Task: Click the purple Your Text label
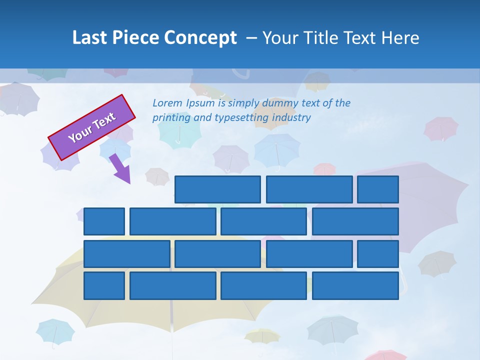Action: point(92,127)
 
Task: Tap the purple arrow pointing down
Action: point(120,168)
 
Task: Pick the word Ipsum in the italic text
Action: point(200,103)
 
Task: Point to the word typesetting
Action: point(241,118)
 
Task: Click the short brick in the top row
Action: point(378,189)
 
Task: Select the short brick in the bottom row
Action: point(104,286)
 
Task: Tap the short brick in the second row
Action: point(104,221)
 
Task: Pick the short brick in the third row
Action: point(378,254)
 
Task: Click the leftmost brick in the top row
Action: point(217,189)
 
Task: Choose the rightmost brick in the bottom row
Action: point(355,286)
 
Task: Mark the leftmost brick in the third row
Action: point(127,254)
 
